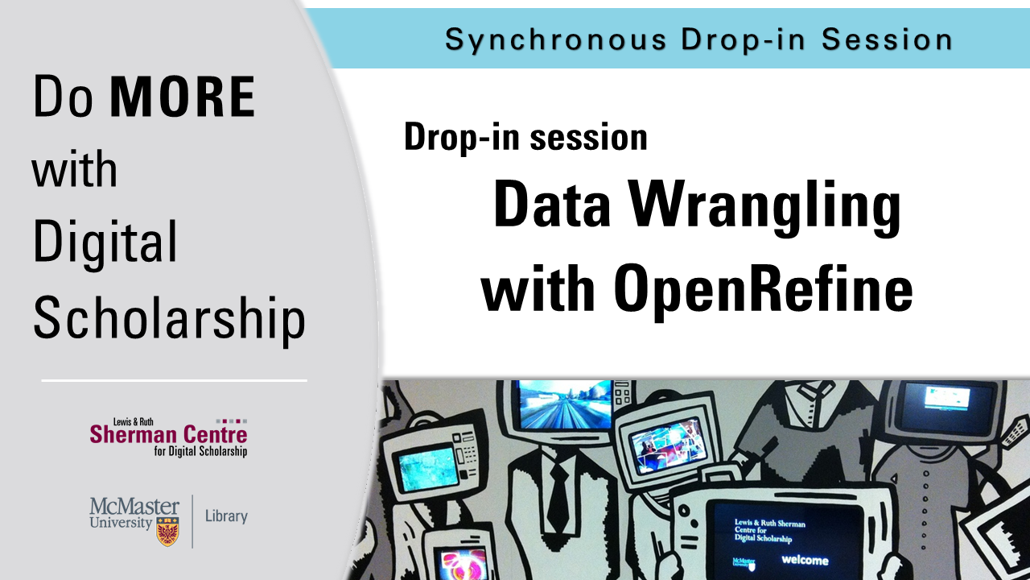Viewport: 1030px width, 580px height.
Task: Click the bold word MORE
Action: pos(183,97)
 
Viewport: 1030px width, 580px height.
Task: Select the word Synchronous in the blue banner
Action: pos(555,40)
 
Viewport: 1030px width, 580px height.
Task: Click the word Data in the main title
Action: pos(551,204)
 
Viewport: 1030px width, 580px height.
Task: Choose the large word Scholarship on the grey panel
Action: pos(170,318)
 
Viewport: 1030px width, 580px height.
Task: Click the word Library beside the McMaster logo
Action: pos(226,516)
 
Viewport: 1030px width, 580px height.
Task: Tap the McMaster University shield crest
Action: pos(168,531)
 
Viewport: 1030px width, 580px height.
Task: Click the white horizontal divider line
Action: pos(175,381)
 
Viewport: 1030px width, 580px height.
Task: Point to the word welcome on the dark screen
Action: pos(805,560)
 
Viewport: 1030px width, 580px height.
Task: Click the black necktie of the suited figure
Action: pos(558,498)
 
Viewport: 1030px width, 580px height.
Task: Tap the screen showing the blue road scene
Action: pos(565,404)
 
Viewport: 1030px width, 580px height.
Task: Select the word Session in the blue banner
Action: pos(887,39)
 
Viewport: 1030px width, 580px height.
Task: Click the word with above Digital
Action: pos(75,168)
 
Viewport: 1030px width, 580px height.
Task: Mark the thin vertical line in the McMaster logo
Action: pos(192,521)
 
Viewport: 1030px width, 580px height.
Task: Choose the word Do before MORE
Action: pos(63,97)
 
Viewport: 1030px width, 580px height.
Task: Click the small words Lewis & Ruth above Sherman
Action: pos(134,421)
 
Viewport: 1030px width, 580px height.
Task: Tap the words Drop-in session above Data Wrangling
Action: pos(525,137)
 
